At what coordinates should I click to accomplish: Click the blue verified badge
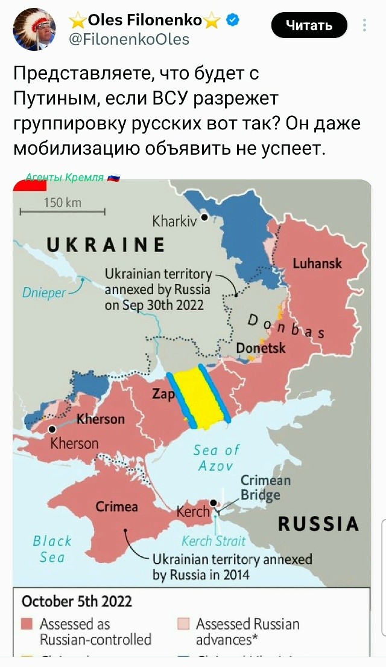tap(232, 21)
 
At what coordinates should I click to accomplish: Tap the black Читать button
tap(309, 25)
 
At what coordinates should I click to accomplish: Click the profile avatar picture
tap(34, 30)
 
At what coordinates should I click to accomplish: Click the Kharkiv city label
tap(175, 222)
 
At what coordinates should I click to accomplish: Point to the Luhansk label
tap(317, 263)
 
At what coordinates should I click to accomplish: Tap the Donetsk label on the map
tap(261, 348)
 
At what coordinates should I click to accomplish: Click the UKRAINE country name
tap(106, 244)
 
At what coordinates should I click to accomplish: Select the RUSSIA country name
tap(318, 524)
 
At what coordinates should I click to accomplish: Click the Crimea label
tap(116, 507)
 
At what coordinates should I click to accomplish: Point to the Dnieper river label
tap(43, 292)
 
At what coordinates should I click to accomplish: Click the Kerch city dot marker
tap(214, 502)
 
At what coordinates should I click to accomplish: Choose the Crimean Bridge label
tap(265, 488)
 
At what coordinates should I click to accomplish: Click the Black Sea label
tap(52, 549)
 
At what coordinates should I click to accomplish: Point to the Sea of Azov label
tap(216, 458)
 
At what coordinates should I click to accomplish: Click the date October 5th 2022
tap(77, 601)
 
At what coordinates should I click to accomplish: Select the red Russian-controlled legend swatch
tap(26, 623)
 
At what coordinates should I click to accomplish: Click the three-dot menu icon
tap(364, 25)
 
